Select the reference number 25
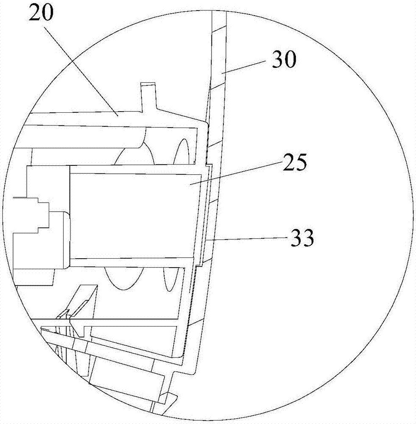coord(295,162)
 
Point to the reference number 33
coord(302,237)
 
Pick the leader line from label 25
coord(236,173)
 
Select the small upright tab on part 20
coord(148,96)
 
